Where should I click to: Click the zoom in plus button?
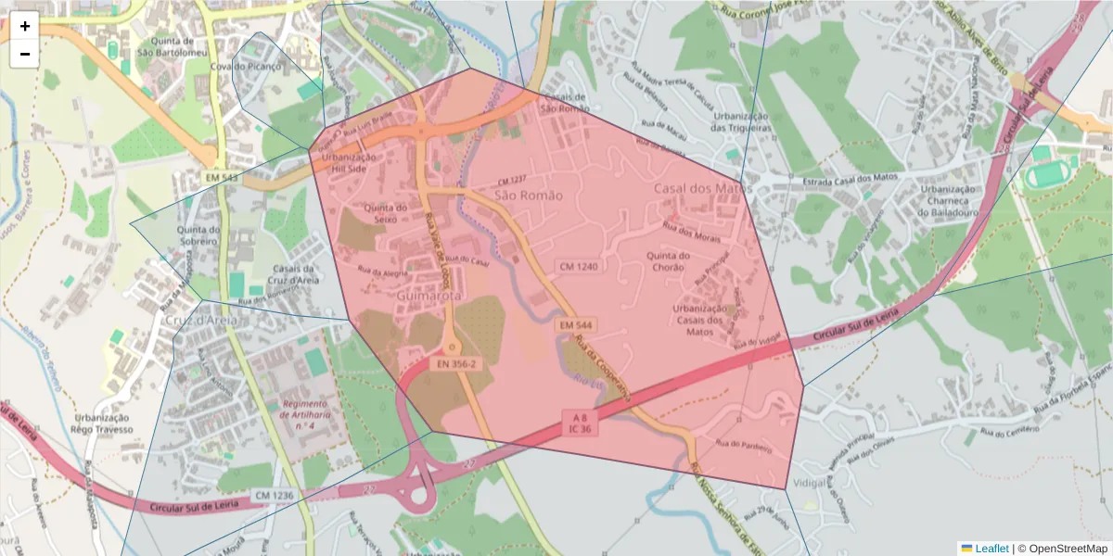pos(25,26)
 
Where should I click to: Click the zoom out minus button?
pos(25,54)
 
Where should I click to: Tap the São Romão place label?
pos(528,196)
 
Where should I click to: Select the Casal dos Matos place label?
pos(702,188)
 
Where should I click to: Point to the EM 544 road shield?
pos(576,325)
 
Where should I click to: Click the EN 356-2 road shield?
pos(455,364)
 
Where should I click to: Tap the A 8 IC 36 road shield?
pos(580,423)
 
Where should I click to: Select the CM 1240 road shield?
pos(577,266)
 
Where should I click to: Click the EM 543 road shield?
pos(223,176)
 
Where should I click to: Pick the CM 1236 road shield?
pos(274,496)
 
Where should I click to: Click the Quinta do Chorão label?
pos(669,262)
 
